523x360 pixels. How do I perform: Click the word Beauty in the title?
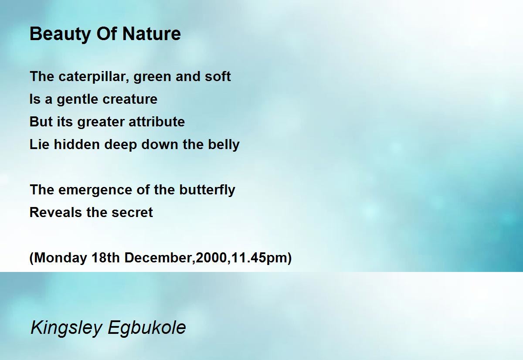(x=60, y=34)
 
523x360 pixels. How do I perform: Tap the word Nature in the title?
(x=152, y=34)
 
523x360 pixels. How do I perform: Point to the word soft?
(x=218, y=76)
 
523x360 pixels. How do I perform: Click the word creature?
(x=130, y=99)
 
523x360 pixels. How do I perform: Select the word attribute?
(x=156, y=122)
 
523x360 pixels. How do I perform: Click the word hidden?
(x=77, y=144)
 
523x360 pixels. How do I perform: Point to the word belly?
(x=224, y=145)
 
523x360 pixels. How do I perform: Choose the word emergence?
(x=95, y=190)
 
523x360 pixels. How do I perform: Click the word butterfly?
(x=207, y=190)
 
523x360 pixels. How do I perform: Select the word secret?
(x=132, y=213)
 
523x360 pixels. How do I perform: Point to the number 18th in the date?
(x=105, y=258)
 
